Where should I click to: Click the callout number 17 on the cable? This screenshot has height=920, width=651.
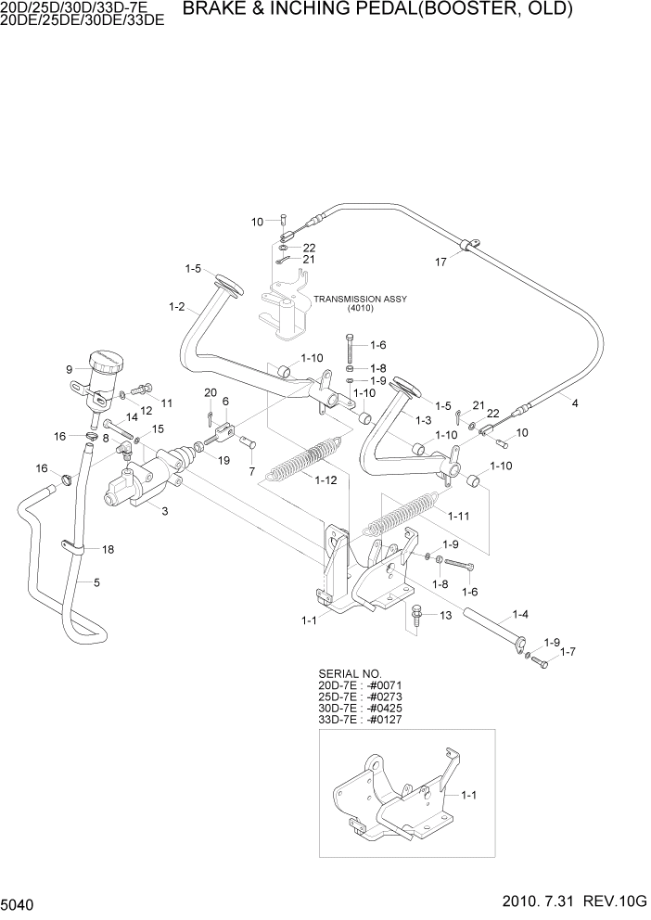(440, 262)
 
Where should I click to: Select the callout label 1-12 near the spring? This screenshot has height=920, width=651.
(325, 479)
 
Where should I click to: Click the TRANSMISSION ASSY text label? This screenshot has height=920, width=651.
(360, 300)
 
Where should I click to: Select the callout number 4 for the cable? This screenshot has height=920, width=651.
(574, 403)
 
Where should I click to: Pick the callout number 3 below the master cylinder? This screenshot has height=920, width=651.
(165, 511)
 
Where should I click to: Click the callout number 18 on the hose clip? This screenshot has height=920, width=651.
(108, 550)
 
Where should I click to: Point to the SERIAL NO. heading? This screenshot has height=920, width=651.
(350, 673)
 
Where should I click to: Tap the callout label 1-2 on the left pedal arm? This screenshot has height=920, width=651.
(176, 306)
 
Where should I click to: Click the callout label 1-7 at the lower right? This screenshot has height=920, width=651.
(568, 653)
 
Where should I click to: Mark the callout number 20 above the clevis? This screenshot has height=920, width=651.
(211, 391)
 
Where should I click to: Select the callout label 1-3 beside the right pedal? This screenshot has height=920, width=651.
(423, 420)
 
